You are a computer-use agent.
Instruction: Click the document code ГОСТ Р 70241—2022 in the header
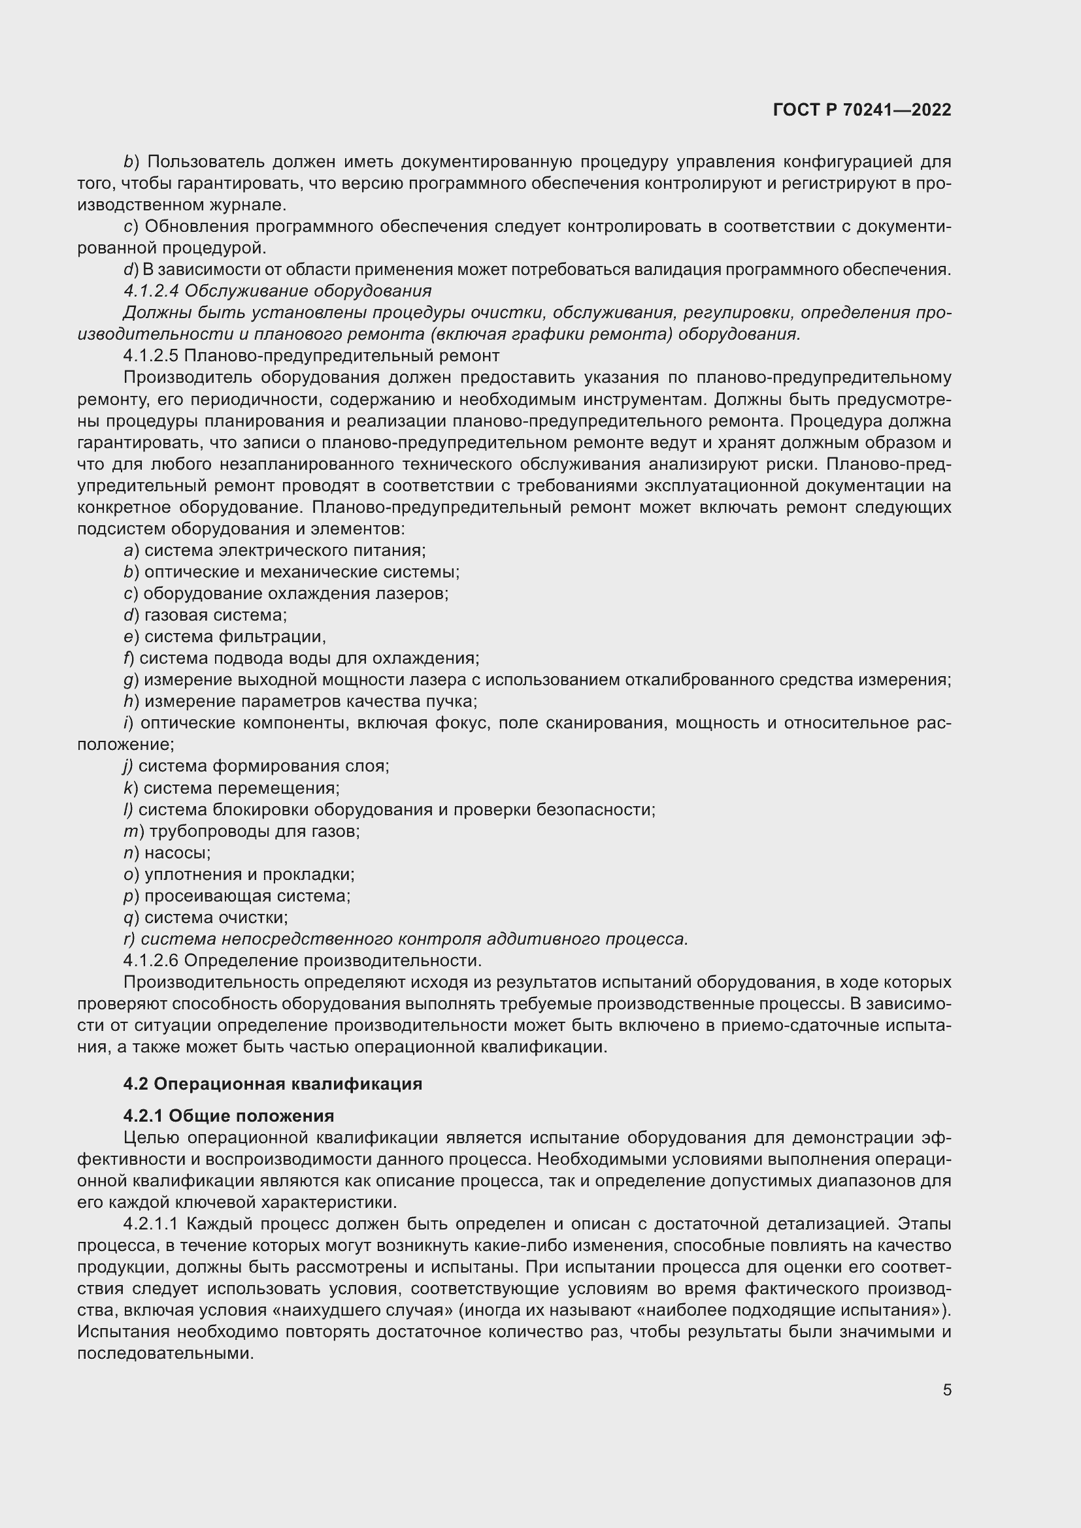coord(862,110)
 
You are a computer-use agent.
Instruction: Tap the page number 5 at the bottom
coord(946,1390)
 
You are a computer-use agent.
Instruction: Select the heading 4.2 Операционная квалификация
coord(273,1083)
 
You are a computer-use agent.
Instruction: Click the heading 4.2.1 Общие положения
coord(228,1115)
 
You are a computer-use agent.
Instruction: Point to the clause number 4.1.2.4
coord(151,291)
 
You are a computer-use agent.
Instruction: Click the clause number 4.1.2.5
coord(151,355)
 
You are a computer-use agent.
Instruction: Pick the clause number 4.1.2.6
coord(151,960)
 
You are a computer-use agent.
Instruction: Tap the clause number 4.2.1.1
coord(151,1223)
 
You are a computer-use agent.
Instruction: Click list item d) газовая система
coord(206,615)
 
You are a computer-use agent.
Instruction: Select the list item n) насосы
coord(168,853)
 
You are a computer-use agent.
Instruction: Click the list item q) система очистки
coord(207,917)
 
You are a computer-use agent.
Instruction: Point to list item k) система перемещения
coord(231,788)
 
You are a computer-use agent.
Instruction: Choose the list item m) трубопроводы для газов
coord(242,831)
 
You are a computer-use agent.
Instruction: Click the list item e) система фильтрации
coord(225,637)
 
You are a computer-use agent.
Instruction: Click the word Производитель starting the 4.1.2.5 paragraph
coord(187,378)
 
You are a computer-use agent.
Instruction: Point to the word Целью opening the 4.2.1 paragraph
coord(150,1137)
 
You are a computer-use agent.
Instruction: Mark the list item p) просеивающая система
coord(237,896)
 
